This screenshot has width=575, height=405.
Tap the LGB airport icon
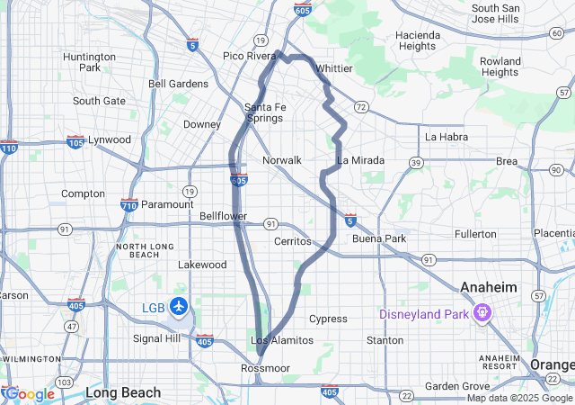pyautogui.click(x=179, y=307)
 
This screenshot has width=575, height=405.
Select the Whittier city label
pyautogui.click(x=334, y=67)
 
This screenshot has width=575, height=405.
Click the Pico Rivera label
pyautogui.click(x=249, y=56)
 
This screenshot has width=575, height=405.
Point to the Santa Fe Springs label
pyautogui.click(x=265, y=112)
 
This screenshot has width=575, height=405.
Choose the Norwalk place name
pyautogui.click(x=281, y=160)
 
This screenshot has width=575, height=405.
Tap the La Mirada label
pyautogui.click(x=360, y=160)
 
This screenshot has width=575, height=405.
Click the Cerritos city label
pyautogui.click(x=293, y=241)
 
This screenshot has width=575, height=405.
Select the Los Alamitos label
pyautogui.click(x=282, y=340)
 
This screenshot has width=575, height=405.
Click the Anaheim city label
pyautogui.click(x=490, y=286)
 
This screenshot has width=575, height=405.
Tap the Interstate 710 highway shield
pyautogui.click(x=128, y=205)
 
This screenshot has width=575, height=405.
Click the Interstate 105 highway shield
pyautogui.click(x=76, y=141)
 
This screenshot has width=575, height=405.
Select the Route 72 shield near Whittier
pyautogui.click(x=360, y=106)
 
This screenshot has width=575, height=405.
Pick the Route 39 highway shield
pyautogui.click(x=416, y=162)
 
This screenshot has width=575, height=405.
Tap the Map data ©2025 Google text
pyautogui.click(x=518, y=398)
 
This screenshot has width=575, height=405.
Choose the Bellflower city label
pyautogui.click(x=223, y=217)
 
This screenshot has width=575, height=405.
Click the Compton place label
pyautogui.click(x=83, y=193)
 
